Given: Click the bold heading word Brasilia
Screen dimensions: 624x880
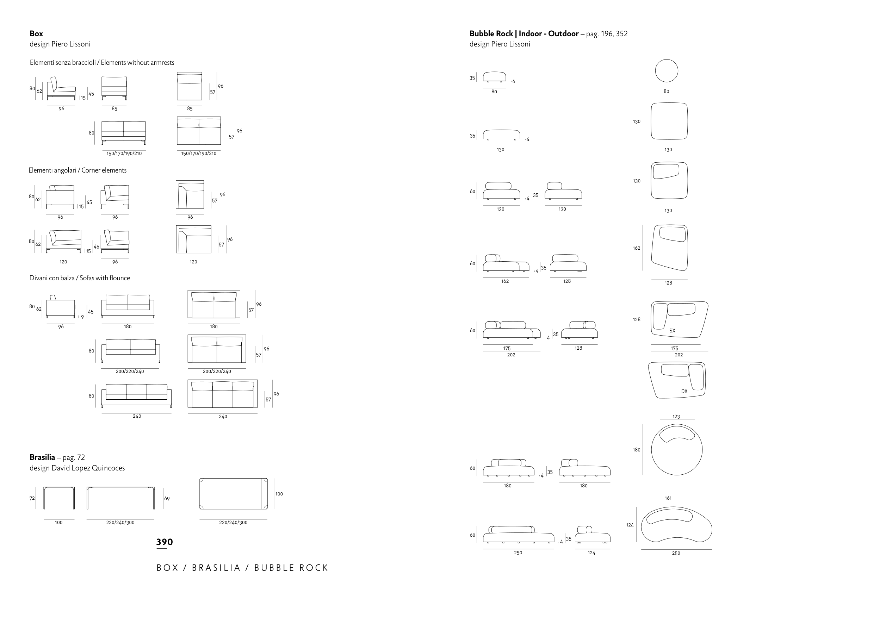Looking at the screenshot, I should (42, 457).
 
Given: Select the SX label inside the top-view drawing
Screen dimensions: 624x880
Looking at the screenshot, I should (672, 330).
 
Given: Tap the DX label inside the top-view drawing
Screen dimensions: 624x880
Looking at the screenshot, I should (684, 391).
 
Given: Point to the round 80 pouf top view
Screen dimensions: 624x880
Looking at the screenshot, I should (666, 71).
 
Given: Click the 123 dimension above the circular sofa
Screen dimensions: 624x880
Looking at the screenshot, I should (676, 417).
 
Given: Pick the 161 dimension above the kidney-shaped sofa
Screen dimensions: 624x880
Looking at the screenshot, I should (668, 498).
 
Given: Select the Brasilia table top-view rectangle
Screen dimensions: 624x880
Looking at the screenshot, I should (233, 494).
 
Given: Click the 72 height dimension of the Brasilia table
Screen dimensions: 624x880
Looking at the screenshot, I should (32, 498).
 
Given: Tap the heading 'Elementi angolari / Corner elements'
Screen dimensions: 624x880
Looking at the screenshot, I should (77, 170).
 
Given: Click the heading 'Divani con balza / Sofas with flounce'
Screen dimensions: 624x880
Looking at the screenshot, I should (80, 278).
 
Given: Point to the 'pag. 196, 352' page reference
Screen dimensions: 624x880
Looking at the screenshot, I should (607, 34).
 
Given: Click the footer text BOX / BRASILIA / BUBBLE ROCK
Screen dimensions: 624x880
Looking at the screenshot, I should (242, 568).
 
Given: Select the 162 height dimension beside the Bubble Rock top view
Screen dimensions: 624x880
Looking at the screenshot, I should (636, 248).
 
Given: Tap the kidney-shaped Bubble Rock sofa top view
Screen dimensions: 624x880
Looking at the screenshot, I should (676, 526).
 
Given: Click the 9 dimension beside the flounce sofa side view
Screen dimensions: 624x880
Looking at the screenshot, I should (82, 317).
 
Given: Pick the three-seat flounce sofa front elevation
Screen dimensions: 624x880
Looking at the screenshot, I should (136, 396).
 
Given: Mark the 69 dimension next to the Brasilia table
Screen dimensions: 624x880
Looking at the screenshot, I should (167, 498).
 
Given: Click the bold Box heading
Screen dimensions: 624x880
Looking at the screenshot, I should (36, 34).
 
